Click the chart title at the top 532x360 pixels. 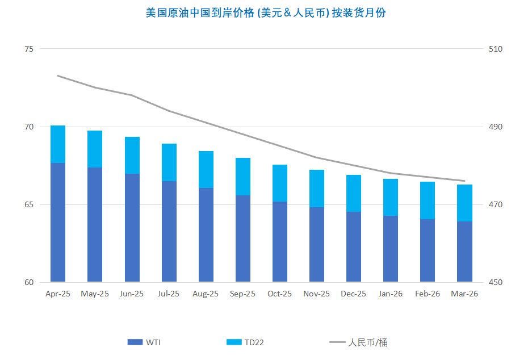point(266,12)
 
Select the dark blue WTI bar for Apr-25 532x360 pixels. point(58,221)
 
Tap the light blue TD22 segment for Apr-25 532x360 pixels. point(58,144)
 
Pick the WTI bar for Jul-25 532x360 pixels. point(169,231)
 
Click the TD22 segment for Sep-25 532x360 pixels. point(242,177)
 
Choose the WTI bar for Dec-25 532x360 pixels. point(353,246)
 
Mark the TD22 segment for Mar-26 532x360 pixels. point(464,203)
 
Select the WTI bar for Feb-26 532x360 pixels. point(428,250)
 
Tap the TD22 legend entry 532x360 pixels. point(245,342)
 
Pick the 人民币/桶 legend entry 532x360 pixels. point(359,342)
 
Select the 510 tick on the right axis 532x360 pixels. point(496,49)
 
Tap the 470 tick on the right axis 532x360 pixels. point(496,204)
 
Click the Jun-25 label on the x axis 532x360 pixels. point(132,294)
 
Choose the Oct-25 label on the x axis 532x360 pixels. point(279,294)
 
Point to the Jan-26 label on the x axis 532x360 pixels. point(390,294)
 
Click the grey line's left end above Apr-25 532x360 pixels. point(58,76)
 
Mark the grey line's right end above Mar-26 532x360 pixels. point(464,181)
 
